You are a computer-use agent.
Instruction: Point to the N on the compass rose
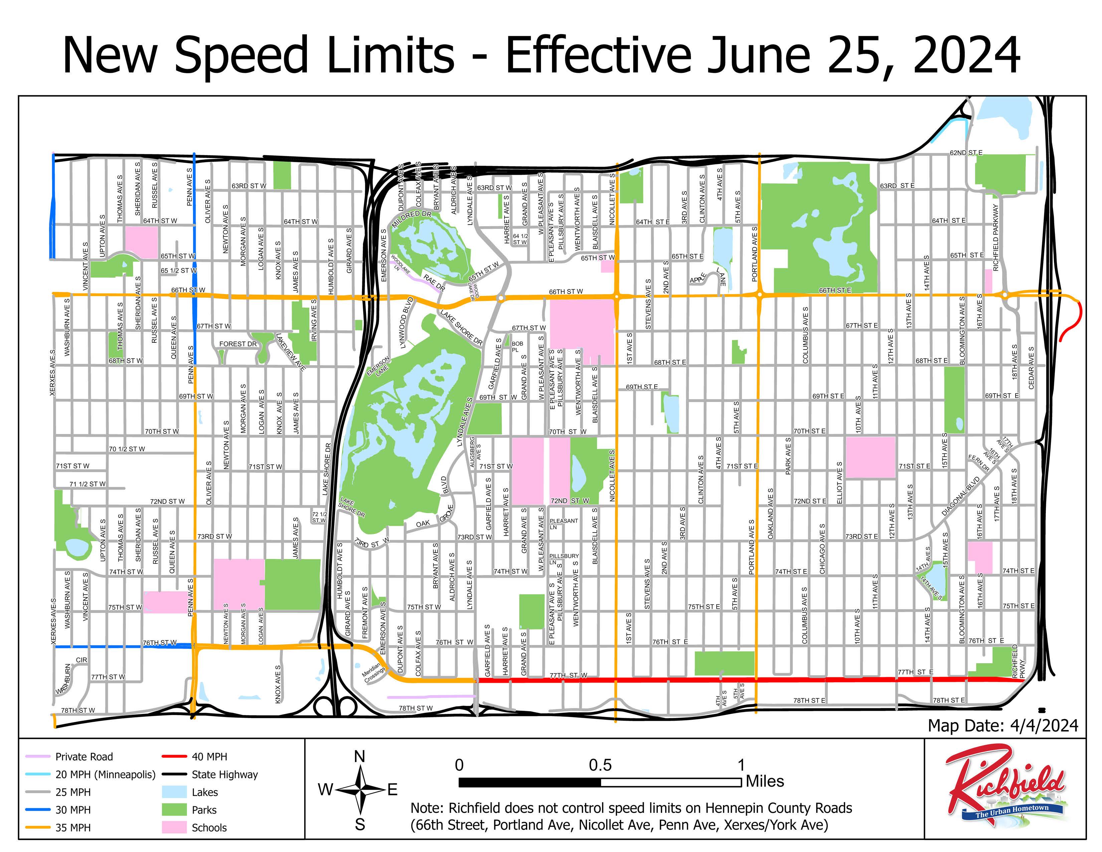359,756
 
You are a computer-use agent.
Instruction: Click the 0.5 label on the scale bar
600,765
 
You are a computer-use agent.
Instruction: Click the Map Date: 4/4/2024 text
1002,726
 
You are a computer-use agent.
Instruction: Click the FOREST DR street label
238,344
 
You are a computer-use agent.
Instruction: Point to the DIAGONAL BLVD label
960,496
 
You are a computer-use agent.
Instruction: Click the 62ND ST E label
966,152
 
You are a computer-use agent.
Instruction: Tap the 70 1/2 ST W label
127,449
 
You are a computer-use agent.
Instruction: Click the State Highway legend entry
224,774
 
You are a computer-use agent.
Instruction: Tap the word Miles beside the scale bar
765,782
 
